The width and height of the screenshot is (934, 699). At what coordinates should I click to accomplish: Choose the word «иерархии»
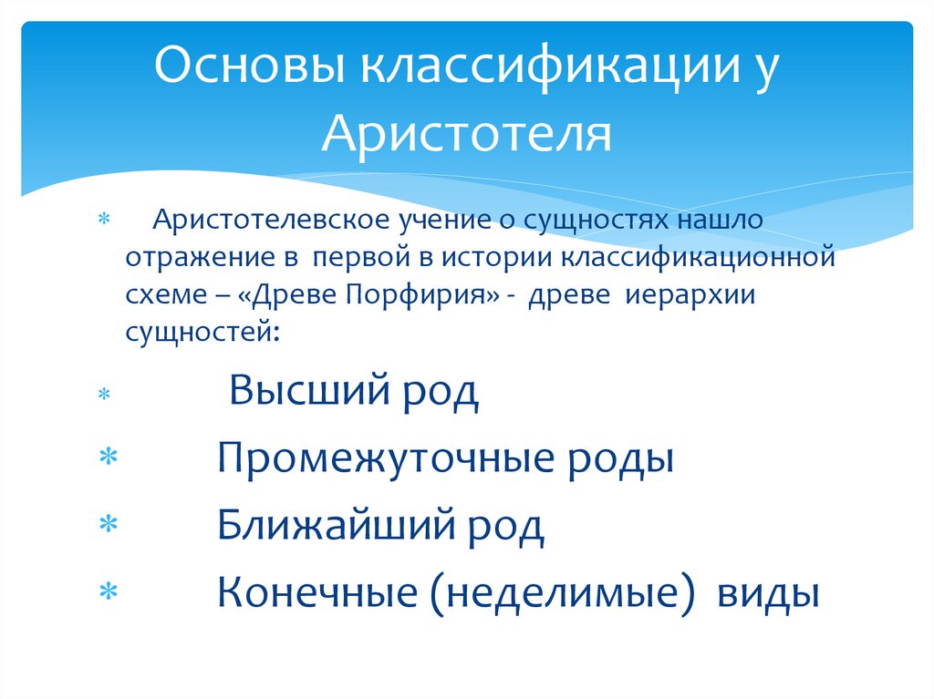[x=695, y=295]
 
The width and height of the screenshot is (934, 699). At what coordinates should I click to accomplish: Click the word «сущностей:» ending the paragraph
[x=202, y=333]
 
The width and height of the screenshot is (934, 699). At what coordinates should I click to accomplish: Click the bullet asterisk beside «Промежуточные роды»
[x=108, y=457]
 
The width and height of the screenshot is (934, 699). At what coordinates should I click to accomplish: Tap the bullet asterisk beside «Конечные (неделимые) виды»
[x=108, y=594]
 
